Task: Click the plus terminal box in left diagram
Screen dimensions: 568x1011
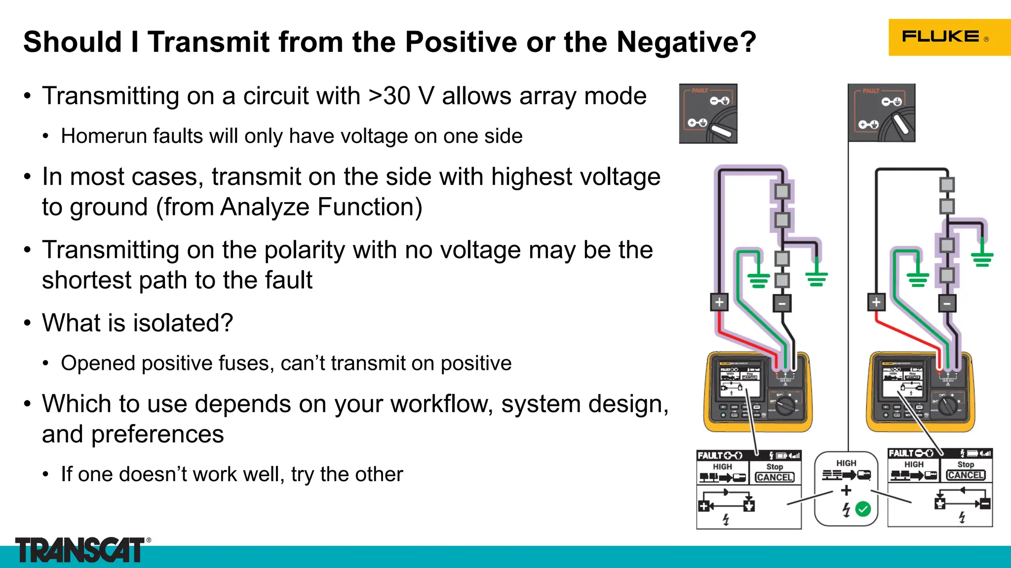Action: [x=719, y=302]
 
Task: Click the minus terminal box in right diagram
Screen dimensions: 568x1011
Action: [x=947, y=303]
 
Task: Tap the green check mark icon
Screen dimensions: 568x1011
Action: [x=863, y=509]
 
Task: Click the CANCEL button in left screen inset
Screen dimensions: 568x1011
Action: [x=775, y=477]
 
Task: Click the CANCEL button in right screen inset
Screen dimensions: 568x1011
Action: [x=966, y=475]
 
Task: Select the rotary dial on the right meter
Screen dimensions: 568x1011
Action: [x=947, y=406]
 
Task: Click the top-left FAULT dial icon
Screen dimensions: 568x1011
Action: [x=708, y=113]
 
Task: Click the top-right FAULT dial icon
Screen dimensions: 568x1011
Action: [x=882, y=113]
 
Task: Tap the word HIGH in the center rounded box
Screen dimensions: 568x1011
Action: [x=846, y=463]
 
